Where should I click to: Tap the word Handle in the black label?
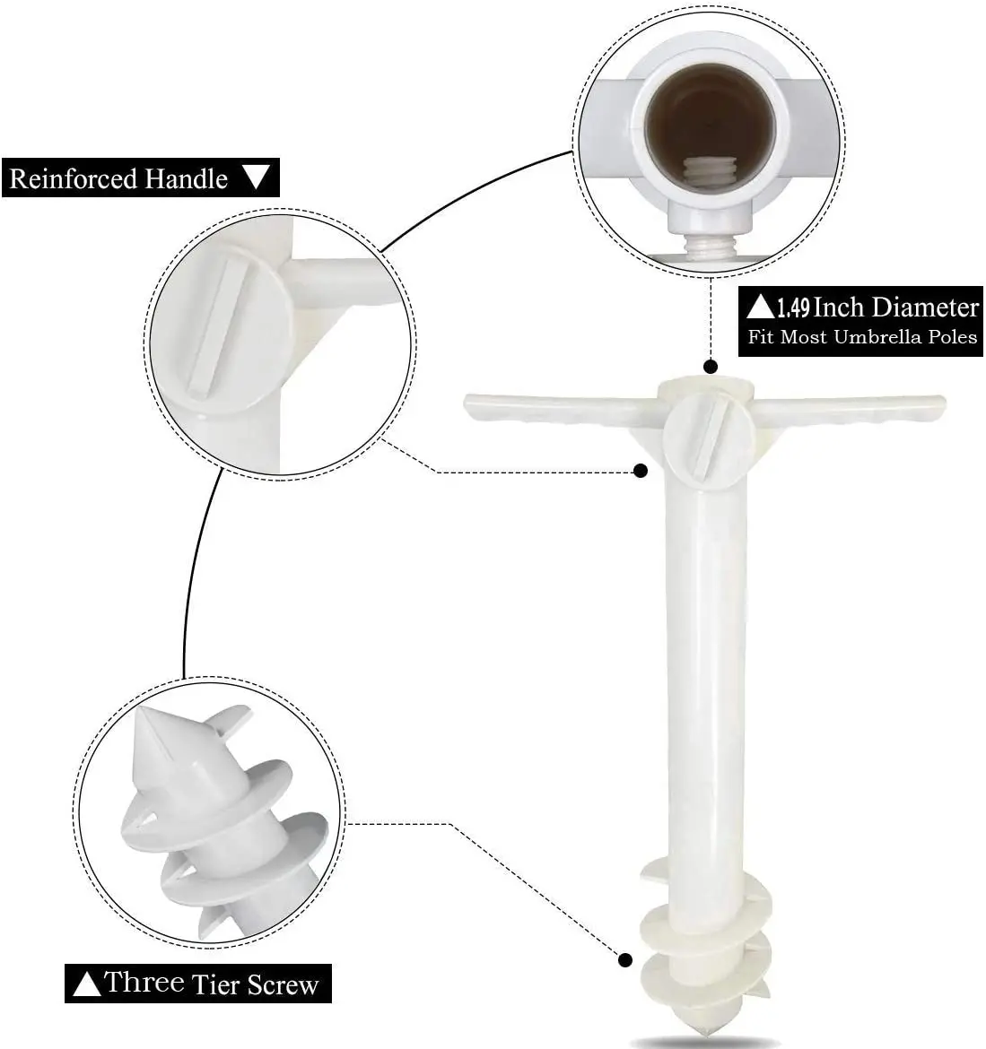point(186,178)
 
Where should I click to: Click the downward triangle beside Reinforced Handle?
point(256,178)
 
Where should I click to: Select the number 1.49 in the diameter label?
point(793,308)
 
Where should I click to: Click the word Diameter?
point(926,307)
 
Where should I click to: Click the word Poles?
point(953,336)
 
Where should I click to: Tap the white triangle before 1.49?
point(761,307)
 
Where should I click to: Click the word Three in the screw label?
point(144,982)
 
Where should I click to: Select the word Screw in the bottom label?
point(284,984)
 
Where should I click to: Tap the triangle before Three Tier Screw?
point(86,984)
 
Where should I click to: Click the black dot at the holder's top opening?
point(711,367)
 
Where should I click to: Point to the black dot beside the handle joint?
point(641,471)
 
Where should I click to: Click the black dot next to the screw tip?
point(625,961)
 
